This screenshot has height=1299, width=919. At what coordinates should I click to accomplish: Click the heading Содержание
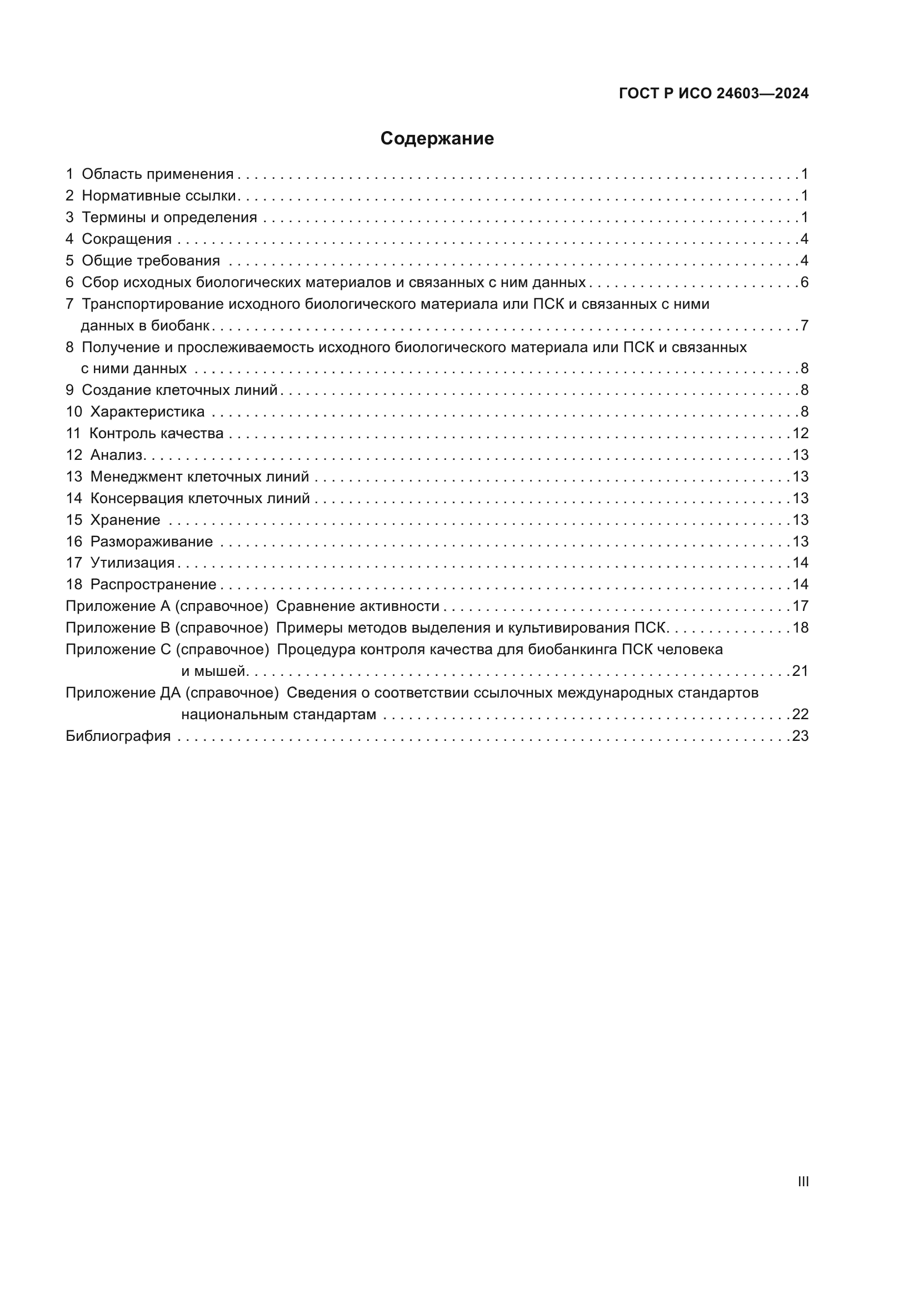coord(437,139)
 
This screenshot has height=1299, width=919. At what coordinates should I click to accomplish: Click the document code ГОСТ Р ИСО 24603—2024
coord(713,93)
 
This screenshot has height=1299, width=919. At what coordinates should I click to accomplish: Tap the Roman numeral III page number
coord(803,1181)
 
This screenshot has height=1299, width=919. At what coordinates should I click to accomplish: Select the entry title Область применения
coord(157,174)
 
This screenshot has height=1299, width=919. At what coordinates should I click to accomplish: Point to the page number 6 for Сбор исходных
coord(804,282)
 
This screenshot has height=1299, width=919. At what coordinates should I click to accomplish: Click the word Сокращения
coord(127,239)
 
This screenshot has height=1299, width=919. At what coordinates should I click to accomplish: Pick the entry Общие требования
coord(151,261)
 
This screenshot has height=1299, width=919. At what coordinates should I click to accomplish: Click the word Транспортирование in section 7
coord(153,304)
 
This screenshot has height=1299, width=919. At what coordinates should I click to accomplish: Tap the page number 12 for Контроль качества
coord(800,433)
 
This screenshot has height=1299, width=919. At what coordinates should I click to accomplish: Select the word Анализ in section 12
coord(117,455)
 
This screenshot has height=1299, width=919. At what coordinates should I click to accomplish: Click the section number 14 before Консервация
coord(74,498)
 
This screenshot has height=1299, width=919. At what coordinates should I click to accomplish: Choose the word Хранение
coord(125,520)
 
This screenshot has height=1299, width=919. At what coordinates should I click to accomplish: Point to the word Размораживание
coord(151,542)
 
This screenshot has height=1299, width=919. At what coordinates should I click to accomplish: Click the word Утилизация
coord(132,563)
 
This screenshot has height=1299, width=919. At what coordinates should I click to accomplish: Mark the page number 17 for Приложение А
coord(800,606)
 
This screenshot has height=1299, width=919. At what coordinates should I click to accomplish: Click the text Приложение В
coord(118,628)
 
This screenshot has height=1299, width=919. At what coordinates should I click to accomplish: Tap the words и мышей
coord(213,671)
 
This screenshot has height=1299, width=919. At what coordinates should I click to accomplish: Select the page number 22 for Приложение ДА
coord(800,715)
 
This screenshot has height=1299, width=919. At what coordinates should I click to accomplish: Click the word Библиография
coord(118,736)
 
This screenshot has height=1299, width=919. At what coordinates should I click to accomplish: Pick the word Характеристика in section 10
coord(147,412)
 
